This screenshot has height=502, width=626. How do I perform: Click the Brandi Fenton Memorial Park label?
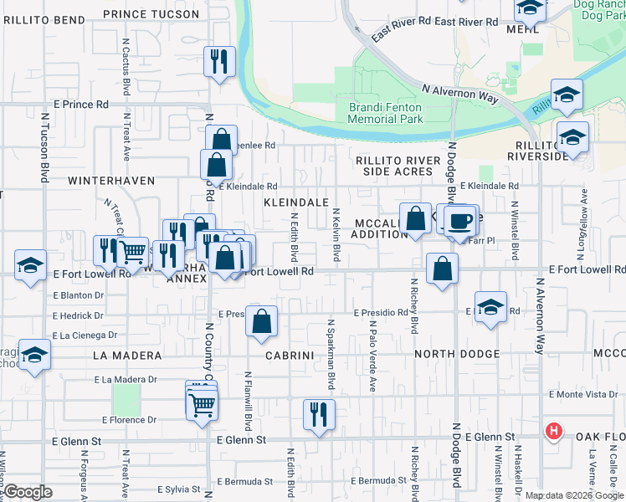tap(385, 113)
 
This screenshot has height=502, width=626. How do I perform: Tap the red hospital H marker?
tap(553, 432)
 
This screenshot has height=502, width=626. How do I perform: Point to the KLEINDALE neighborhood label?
tap(295, 202)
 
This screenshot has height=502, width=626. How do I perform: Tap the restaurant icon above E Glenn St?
tap(318, 413)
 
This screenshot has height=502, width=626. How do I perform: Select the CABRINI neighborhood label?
tap(289, 355)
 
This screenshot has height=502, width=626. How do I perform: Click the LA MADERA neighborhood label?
tap(127, 356)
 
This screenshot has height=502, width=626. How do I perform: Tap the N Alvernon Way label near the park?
tap(459, 92)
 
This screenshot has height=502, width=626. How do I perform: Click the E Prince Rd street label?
tap(81, 105)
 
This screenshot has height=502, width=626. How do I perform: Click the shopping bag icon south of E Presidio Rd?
tap(262, 320)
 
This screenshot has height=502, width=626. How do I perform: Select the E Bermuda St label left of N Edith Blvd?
tap(244, 481)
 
